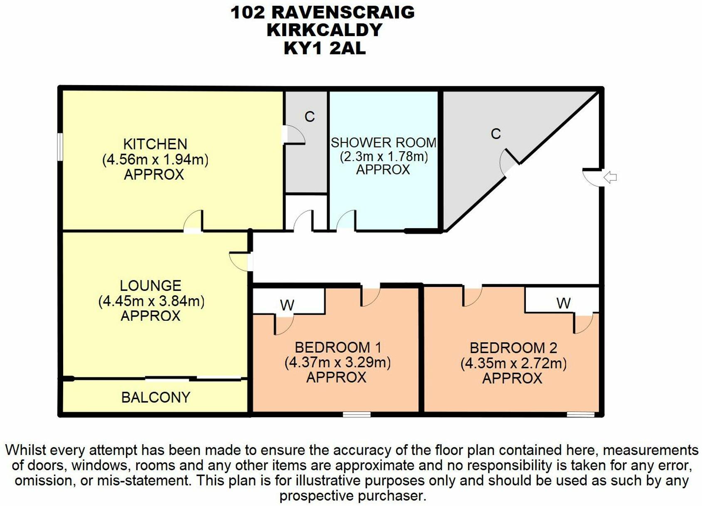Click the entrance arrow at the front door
610,177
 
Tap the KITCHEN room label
155,144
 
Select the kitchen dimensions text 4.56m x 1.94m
155,160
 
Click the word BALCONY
155,397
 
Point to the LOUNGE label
150,286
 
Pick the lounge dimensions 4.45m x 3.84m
151,301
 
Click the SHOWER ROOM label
383,142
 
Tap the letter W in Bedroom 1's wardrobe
287,305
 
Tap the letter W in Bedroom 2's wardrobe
563,303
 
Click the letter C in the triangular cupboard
495,134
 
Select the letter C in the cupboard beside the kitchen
310,117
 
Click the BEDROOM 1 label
337,347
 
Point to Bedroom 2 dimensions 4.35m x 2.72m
513,363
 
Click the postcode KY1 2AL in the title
325,48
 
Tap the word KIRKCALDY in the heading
325,30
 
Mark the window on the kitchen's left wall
60,146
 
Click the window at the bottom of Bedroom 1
357,414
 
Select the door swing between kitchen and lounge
194,221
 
